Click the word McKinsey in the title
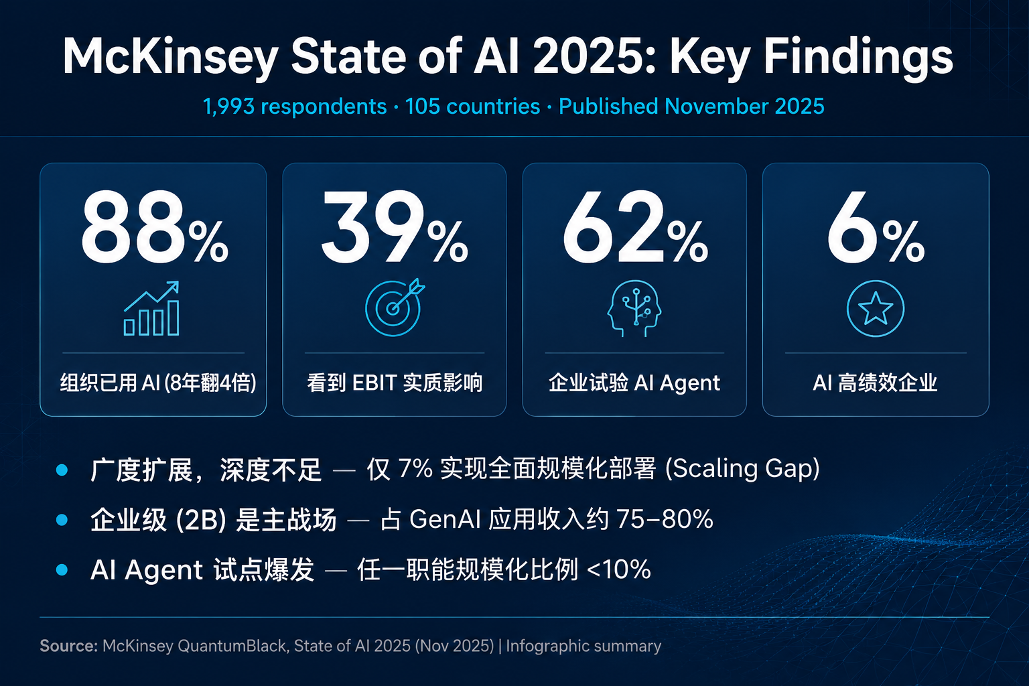[x=170, y=58]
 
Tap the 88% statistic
[x=155, y=227]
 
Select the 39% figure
[x=395, y=227]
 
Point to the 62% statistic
[x=635, y=227]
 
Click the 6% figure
[x=876, y=227]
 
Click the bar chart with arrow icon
[x=151, y=308]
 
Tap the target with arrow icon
[x=395, y=307]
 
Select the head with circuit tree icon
[x=634, y=308]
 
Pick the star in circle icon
[x=876, y=308]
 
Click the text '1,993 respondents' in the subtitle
[x=295, y=107]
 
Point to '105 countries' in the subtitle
[x=472, y=107]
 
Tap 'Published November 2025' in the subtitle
[x=691, y=107]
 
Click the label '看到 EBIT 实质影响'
[x=395, y=383]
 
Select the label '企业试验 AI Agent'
[x=634, y=383]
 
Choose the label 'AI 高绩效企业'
[x=875, y=383]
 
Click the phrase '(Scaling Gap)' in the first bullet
[x=742, y=469]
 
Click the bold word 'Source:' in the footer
[x=69, y=646]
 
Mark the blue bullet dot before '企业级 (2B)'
[x=62, y=520]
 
